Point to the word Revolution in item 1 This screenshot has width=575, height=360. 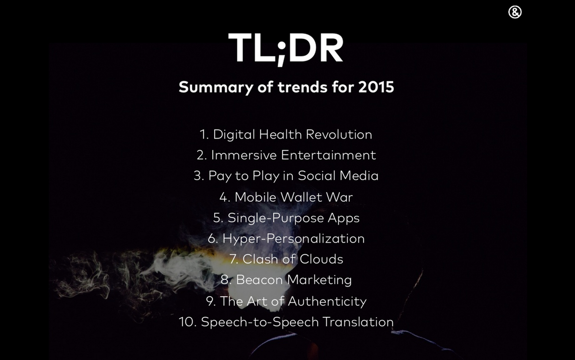pos(339,134)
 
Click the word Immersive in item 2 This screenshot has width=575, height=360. pos(243,155)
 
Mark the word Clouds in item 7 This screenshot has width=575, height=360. pos(322,259)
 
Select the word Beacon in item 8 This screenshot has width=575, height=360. pos(259,280)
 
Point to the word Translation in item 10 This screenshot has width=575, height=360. pos(358,322)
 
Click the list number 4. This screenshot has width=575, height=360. pos(224,197)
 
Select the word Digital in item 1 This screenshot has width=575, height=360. pos(234,134)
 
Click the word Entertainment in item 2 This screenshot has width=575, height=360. pos(328,155)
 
